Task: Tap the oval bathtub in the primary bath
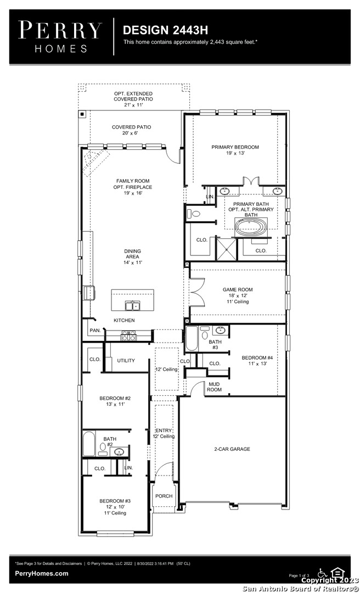[x=251, y=227]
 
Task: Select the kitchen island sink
[x=132, y=306]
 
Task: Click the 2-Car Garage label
[x=232, y=449]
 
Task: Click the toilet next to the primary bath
[x=194, y=214]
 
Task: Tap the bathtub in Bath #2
[x=89, y=444]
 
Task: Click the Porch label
[x=164, y=496]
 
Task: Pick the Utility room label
[x=126, y=360]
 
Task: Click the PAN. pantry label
[x=95, y=330]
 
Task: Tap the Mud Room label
[x=214, y=387]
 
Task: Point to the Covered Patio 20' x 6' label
[x=131, y=130]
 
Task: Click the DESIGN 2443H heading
[x=165, y=30]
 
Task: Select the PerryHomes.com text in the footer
[x=42, y=573]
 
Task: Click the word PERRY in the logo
[x=60, y=30]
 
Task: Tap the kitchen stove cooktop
[x=128, y=335]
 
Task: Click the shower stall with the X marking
[x=226, y=249]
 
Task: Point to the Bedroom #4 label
[x=257, y=360]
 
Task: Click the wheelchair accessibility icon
[x=323, y=573]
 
